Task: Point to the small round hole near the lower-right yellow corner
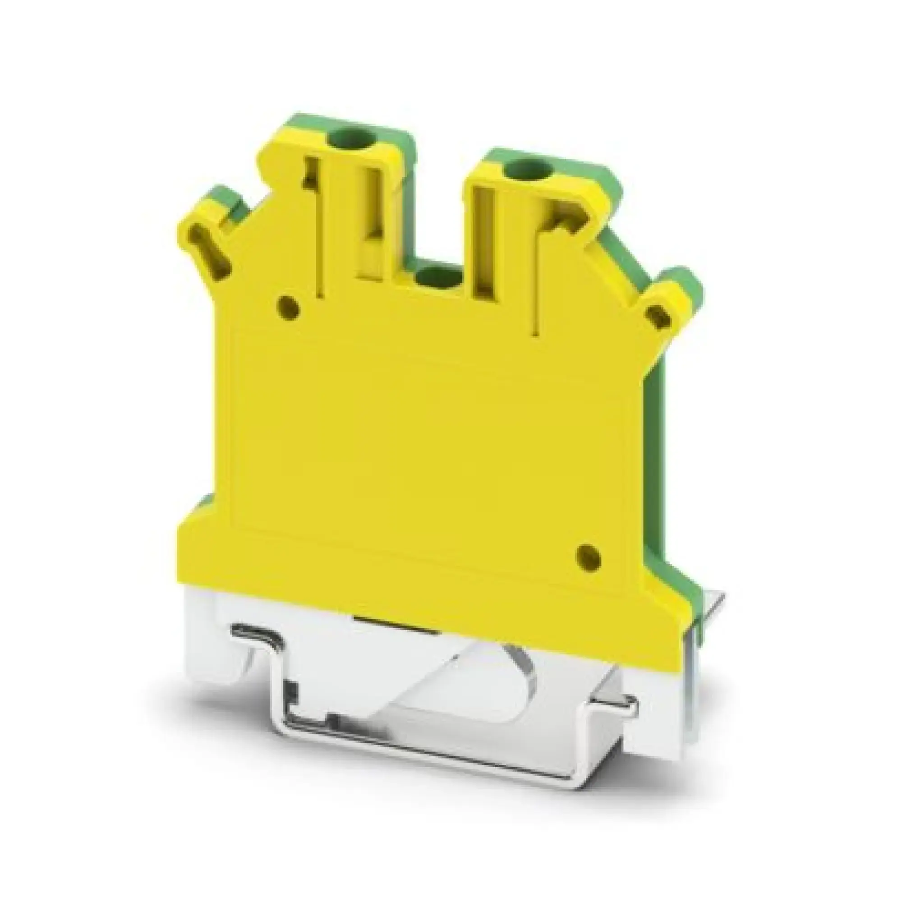pos(588,556)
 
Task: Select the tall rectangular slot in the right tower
pos(483,243)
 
